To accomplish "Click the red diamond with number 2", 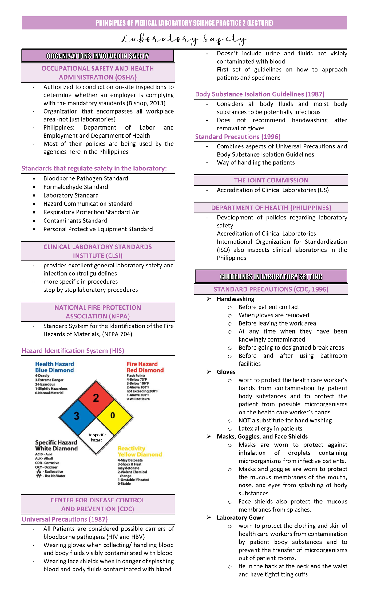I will coord(96,398).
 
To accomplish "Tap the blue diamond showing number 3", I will coord(77,416).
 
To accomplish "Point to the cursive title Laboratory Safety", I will coord(184,39).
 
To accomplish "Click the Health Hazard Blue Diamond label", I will coord(54,367).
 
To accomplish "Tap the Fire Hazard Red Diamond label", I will coord(145,367).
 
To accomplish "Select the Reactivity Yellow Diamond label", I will coord(140,451).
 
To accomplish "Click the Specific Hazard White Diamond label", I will coord(56,445).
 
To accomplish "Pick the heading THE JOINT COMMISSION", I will coord(271,180).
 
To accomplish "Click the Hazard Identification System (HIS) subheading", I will coord(73,350).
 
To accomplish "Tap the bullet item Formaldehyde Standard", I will coord(76,187).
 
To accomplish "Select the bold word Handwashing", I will coord(236,299).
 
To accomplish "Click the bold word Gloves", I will coord(226,372).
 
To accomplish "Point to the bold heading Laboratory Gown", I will coord(240,518).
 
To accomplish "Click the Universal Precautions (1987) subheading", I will coord(65,519).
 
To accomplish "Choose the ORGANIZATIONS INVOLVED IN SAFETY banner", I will coord(97,56).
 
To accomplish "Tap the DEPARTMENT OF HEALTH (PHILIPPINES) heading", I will coord(271,208).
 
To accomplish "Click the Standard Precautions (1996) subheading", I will coord(238,137).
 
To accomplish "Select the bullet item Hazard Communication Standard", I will coord(88,204).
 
